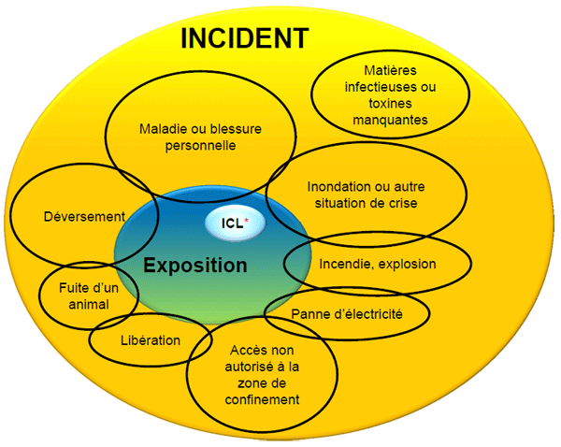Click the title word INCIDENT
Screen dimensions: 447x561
244,38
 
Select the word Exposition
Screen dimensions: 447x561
195,265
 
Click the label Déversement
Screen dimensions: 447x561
84,216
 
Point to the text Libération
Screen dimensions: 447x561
151,339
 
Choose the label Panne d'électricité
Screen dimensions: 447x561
347,314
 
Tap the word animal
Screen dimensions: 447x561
89,304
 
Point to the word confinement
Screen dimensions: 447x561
262,399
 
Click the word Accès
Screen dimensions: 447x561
246,350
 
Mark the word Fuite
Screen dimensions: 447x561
70,288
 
